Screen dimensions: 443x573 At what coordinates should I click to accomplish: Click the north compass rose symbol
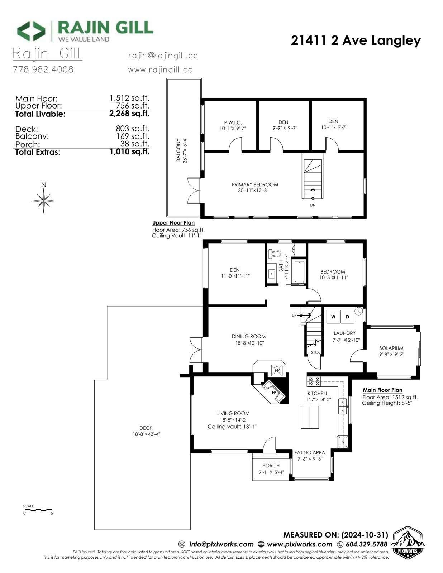point(43,201)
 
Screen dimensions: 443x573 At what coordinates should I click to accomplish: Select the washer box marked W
point(333,317)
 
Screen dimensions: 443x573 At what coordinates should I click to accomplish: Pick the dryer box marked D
point(347,317)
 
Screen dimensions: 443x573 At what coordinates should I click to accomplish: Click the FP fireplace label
point(274,393)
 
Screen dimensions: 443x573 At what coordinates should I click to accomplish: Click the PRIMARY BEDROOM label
point(255,184)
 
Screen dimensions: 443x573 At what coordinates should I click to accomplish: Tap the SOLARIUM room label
point(391,348)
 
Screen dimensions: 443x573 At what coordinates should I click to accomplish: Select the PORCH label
point(271,466)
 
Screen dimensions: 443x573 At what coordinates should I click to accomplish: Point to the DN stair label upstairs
point(313,205)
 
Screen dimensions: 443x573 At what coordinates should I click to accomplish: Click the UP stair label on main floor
point(294,316)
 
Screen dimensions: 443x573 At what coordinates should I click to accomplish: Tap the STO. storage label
point(315,352)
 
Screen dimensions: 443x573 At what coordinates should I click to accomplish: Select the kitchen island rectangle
point(310,417)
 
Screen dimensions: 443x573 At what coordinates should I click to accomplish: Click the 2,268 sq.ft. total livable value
point(129,114)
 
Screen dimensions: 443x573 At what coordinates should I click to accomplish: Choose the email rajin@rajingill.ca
point(163,56)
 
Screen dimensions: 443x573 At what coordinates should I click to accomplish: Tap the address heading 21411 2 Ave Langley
point(356,41)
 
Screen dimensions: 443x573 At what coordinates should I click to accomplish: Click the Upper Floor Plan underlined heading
point(173,222)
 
